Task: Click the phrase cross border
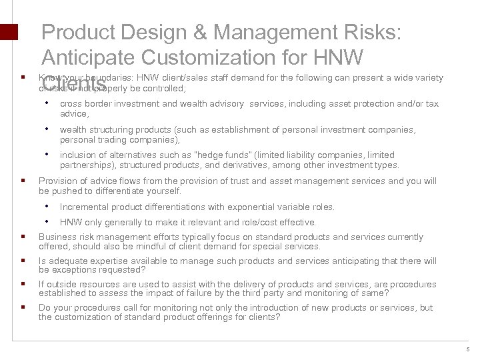[x=83, y=103]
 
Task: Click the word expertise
[x=96, y=261]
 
